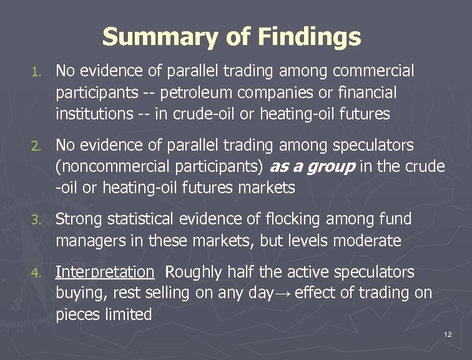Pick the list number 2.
coord(37,146)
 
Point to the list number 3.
coord(37,220)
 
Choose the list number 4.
coord(37,273)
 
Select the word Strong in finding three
coord(79,219)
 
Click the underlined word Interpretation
coord(104,272)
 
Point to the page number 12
coord(447,335)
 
